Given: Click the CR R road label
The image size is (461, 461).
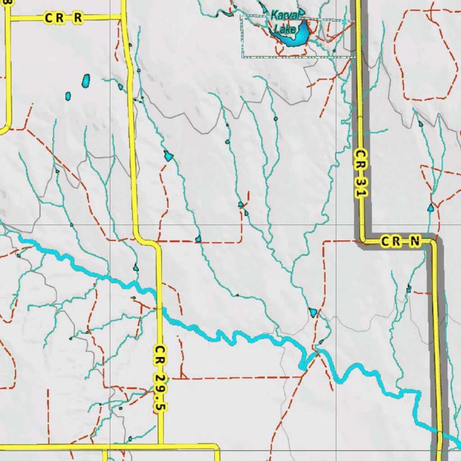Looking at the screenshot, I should coord(63,18).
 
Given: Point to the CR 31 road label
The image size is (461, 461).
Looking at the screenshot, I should coord(359,173).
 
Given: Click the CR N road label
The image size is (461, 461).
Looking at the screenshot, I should coord(400,242).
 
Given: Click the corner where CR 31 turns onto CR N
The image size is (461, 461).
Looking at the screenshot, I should coord(362,240).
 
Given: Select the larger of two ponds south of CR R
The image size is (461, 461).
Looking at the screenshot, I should coord(86,81).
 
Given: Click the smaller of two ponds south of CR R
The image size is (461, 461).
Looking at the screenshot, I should coord(68,96).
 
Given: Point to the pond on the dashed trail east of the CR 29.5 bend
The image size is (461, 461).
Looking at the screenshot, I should coord(198,239).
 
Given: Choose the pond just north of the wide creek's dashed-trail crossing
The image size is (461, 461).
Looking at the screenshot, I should coord(313,312).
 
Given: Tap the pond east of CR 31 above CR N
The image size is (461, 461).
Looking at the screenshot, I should coord(431,208).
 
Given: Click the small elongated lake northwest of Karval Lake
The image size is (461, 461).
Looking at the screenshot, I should coord(262,7).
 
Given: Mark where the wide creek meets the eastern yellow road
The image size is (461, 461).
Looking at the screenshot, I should coord(439,433).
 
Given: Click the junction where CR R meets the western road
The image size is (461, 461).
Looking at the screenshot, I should coord(8,18).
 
